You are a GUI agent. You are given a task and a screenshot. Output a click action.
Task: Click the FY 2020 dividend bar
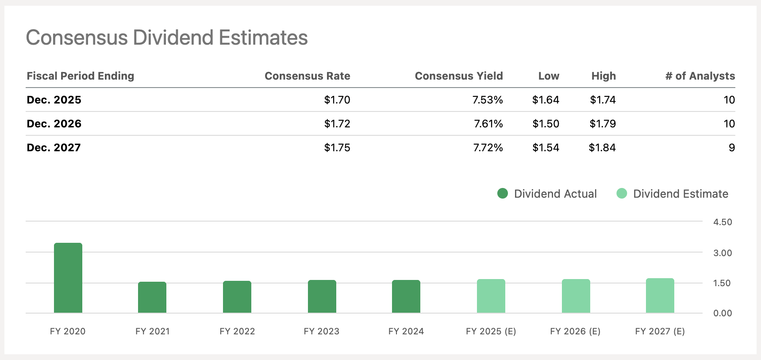(x=68, y=278)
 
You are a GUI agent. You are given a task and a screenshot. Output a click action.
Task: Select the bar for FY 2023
(x=322, y=296)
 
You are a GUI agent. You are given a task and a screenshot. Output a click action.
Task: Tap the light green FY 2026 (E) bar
(x=576, y=296)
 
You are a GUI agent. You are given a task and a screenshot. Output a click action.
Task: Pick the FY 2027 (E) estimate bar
(x=660, y=295)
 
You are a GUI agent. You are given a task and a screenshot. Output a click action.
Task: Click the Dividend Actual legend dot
(x=503, y=193)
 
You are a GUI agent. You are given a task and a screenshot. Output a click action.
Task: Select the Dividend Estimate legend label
(x=680, y=194)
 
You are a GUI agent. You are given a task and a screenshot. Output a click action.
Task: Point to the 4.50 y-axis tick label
(x=723, y=222)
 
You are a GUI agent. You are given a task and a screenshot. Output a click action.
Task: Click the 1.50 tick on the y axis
(x=722, y=283)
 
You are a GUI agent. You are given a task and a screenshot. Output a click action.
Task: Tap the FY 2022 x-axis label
(x=237, y=331)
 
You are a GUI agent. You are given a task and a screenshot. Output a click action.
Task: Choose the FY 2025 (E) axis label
(x=491, y=331)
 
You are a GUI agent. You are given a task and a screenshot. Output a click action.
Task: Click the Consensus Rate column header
(x=307, y=76)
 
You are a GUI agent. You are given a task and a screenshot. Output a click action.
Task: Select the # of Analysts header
(x=700, y=76)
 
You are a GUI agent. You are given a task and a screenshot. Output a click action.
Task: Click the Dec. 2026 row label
(x=54, y=124)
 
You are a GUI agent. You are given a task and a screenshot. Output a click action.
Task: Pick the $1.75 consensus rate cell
(x=337, y=148)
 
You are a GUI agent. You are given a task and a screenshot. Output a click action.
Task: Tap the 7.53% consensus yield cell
(x=487, y=100)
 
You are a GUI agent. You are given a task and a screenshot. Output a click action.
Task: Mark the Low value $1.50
(x=546, y=124)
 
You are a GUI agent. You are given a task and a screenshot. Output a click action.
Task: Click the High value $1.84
(x=602, y=148)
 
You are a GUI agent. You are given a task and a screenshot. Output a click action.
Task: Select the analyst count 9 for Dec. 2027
(x=731, y=148)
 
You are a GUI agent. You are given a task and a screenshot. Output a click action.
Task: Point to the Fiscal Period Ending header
(x=81, y=76)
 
